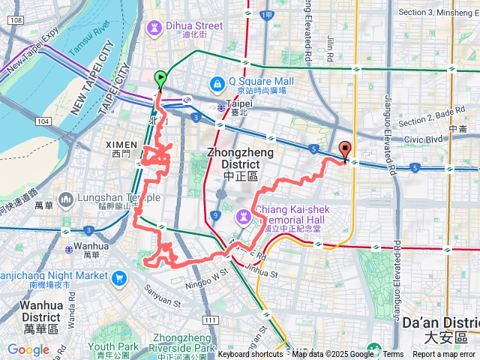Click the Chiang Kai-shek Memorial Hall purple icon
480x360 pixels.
point(243,217)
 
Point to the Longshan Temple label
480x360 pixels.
point(118,198)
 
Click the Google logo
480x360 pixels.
point(28,349)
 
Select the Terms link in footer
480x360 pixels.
point(393,355)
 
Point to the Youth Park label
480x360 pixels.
point(113,346)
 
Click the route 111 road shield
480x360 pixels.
point(210,319)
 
